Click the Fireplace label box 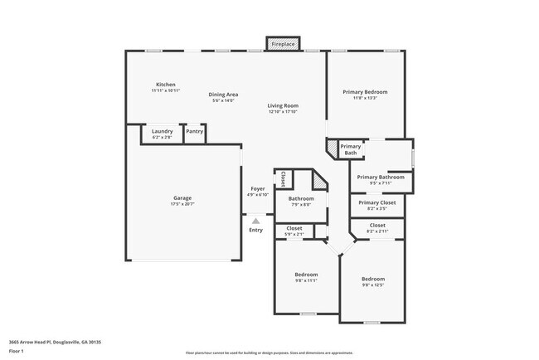(282, 44)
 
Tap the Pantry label (195, 131)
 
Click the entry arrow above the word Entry (256, 221)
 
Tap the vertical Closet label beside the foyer (283, 178)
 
